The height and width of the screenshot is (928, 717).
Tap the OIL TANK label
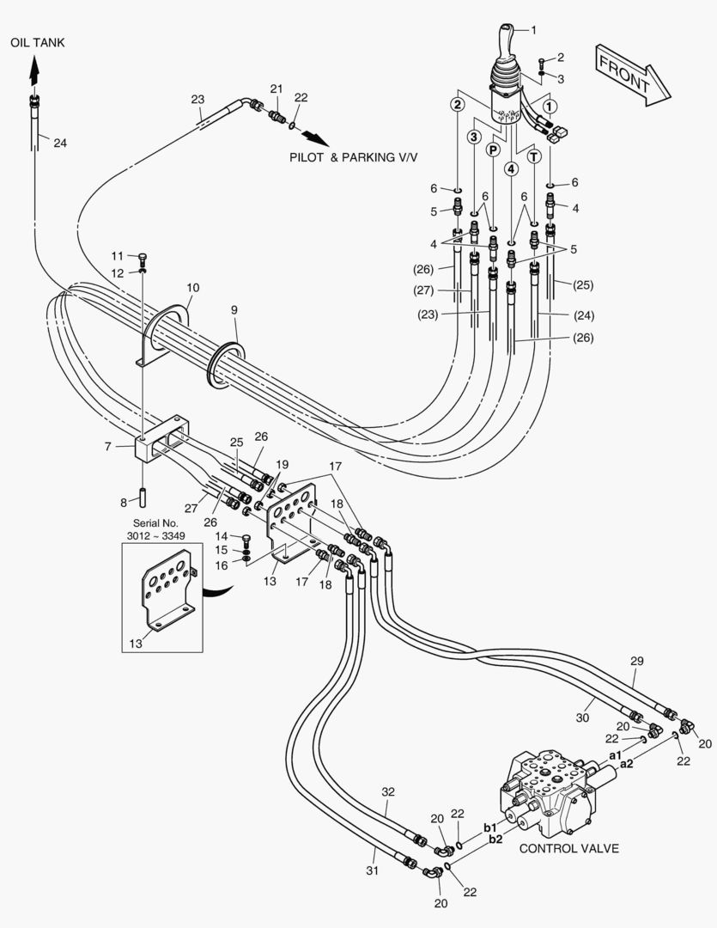[38, 41]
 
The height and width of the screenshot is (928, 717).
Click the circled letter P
[493, 150]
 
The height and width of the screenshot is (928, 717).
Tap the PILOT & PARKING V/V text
[353, 158]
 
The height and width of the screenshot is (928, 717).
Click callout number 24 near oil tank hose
[59, 143]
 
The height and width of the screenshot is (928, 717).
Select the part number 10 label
[192, 287]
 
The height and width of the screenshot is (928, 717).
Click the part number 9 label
[234, 308]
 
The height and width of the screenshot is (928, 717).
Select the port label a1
[615, 754]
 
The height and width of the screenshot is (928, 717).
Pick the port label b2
[495, 839]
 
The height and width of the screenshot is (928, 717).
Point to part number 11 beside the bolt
[117, 255]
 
